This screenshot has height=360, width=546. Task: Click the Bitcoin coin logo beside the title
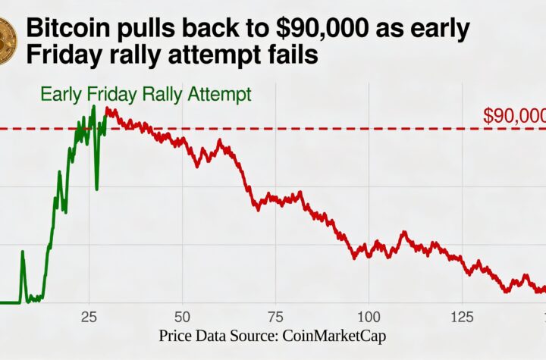(6, 42)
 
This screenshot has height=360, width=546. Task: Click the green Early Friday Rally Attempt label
(146, 95)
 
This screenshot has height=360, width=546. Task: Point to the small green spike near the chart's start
(22, 253)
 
